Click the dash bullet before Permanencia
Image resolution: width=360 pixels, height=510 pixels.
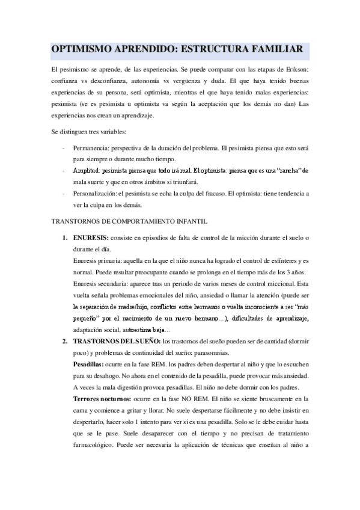[x=64, y=148]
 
